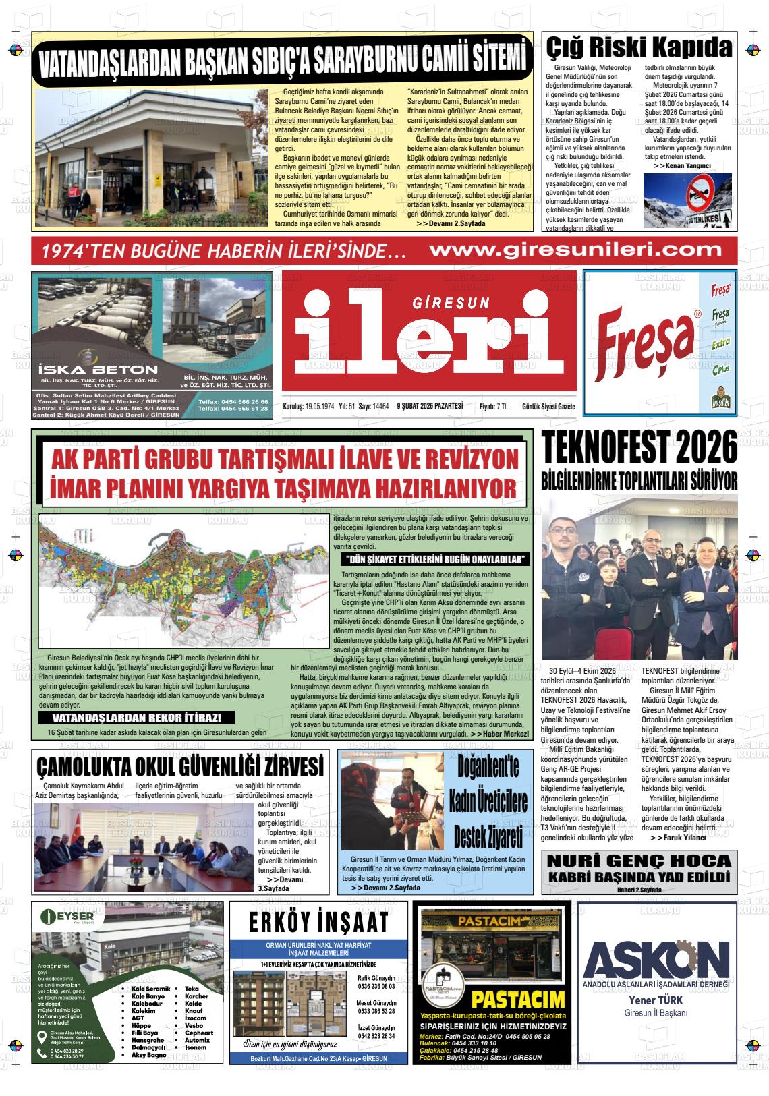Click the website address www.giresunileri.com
575,250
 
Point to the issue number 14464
381,406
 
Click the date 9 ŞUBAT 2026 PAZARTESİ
430,406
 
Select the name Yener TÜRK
656,1000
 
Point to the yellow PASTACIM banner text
517,1000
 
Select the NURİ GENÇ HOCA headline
639,861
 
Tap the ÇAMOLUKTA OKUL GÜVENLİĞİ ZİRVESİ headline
180,767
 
